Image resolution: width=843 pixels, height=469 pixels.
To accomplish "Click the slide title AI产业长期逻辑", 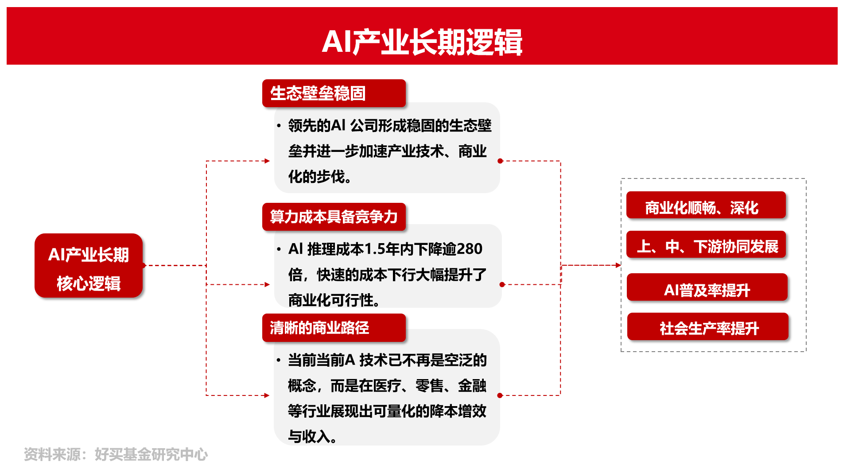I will [422, 42].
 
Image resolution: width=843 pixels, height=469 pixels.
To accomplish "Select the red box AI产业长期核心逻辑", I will [89, 266].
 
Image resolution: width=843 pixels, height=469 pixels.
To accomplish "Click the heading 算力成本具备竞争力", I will [334, 217].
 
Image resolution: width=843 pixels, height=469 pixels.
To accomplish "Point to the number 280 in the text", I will [469, 249].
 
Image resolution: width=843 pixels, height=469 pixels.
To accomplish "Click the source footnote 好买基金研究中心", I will [151, 454].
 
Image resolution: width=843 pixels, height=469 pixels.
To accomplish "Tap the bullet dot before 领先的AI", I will [279, 126].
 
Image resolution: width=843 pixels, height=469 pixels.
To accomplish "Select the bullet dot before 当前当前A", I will [279, 360].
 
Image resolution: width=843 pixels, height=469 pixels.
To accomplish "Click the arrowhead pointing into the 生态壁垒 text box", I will [267, 161].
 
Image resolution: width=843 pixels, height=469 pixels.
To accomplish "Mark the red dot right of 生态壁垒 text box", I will [500, 161].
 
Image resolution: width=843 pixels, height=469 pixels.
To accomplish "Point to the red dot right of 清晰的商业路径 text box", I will [500, 395].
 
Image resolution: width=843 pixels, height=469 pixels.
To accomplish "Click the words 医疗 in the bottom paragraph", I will [387, 386].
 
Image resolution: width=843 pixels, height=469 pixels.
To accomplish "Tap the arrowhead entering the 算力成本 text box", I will [267, 284].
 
